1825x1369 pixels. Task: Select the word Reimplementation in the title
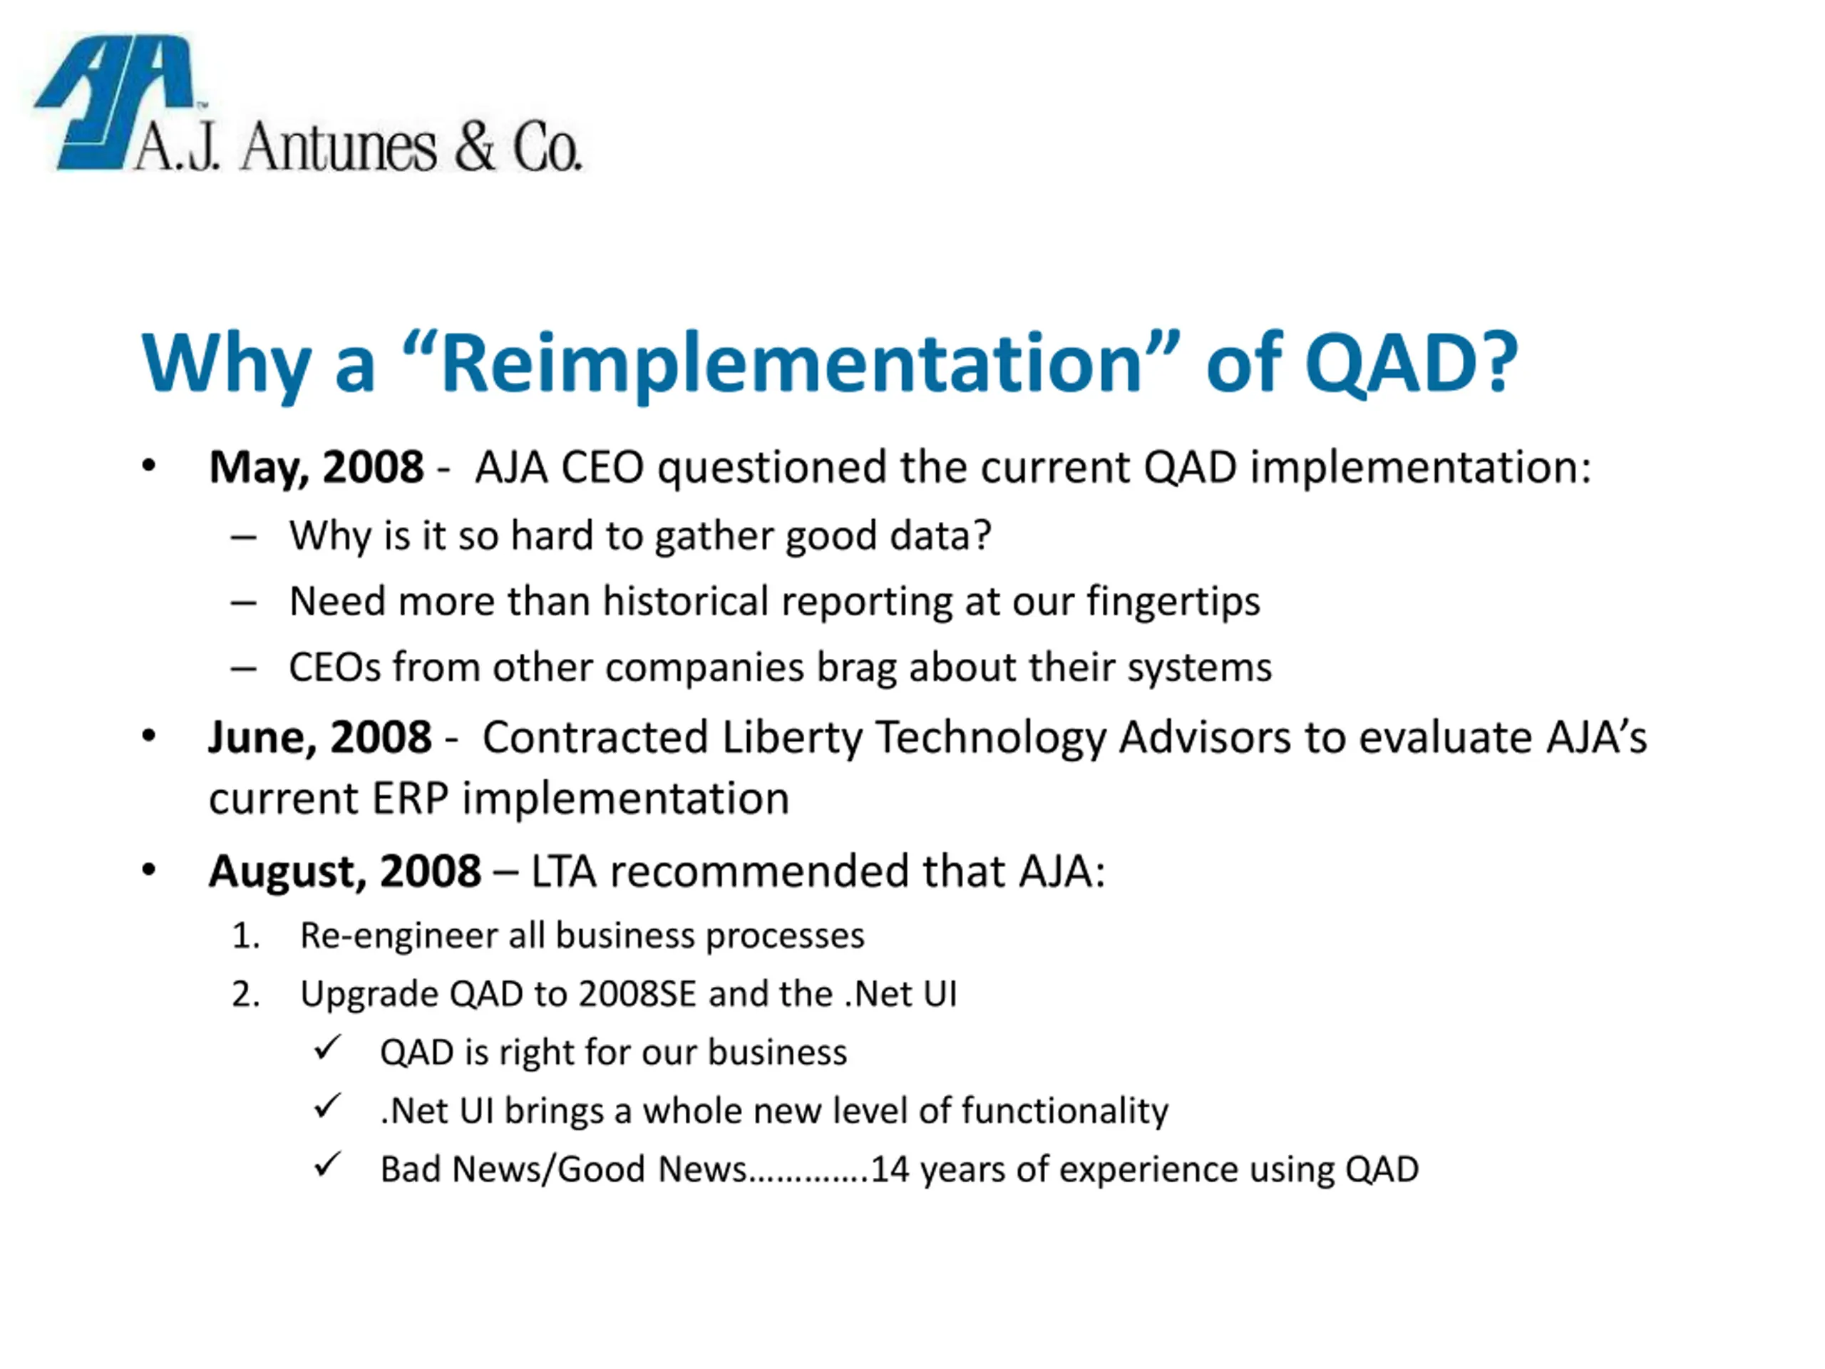tap(791, 363)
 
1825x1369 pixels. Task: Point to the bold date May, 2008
tap(317, 468)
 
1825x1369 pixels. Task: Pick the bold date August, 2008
tap(345, 872)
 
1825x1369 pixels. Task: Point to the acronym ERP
tap(410, 798)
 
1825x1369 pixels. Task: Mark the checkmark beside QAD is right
tap(327, 1048)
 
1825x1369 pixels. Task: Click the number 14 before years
tap(890, 1169)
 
